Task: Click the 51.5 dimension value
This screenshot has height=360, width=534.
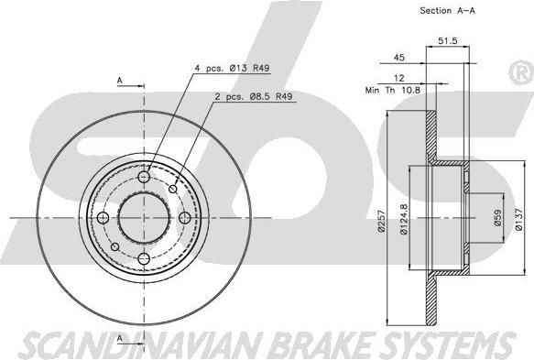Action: tap(448, 41)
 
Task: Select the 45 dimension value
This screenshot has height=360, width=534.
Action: tap(399, 57)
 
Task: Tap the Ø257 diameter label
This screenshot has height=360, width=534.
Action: tap(381, 221)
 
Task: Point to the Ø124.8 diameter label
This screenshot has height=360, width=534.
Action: tap(404, 219)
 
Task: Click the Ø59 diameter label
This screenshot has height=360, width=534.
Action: tap(497, 217)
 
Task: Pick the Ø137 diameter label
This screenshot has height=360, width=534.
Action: tap(518, 220)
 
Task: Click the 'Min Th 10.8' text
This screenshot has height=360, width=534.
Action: tap(393, 91)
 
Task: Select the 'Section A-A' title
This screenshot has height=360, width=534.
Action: tap(448, 11)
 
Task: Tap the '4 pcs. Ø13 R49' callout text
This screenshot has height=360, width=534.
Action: tap(232, 68)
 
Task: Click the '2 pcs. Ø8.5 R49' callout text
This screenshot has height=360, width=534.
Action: tap(254, 97)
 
